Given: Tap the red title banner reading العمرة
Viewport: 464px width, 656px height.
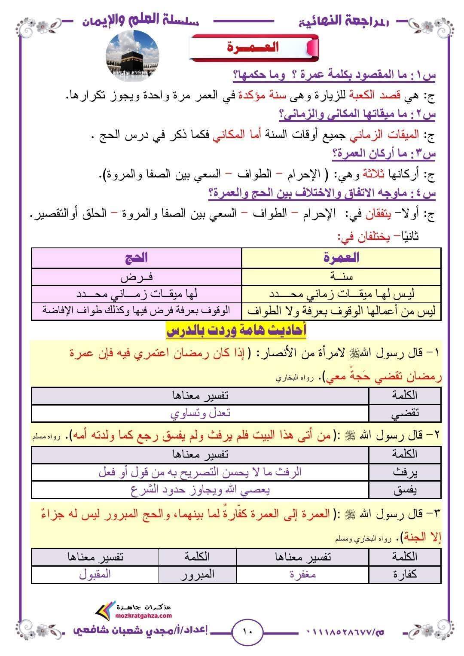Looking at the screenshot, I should click(253, 47).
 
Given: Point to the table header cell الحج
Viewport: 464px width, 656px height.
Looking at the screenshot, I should click(137, 258).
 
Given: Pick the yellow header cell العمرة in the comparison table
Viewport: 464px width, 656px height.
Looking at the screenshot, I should click(341, 258).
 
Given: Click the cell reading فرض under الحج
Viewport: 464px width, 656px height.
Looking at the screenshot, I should click(137, 277).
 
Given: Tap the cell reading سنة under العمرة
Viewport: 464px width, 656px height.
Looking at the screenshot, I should click(341, 277).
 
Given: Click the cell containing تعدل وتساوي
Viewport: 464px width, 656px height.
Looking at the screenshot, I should click(200, 413).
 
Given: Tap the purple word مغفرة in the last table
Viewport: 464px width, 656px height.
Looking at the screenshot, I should click(303, 574).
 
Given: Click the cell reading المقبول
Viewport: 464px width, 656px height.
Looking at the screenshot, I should click(95, 574).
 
